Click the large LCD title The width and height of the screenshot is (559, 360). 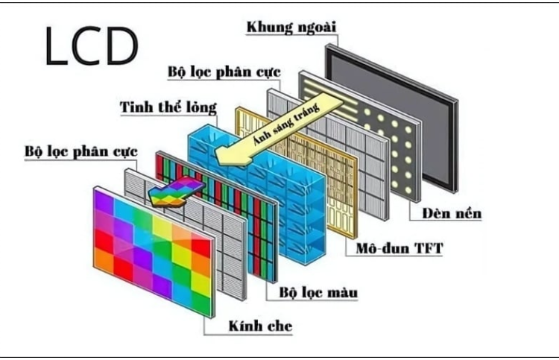[x=91, y=46]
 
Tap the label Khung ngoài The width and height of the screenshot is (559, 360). [x=291, y=28]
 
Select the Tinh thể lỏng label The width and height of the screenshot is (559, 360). [x=168, y=107]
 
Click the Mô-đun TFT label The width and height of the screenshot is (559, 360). [x=399, y=246]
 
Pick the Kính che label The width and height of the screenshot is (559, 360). [x=260, y=326]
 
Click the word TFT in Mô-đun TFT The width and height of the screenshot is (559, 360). [x=427, y=246]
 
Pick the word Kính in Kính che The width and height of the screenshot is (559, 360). [x=244, y=326]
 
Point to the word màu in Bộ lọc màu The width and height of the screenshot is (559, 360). [x=341, y=292]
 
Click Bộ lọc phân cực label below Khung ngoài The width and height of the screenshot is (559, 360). [x=224, y=72]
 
